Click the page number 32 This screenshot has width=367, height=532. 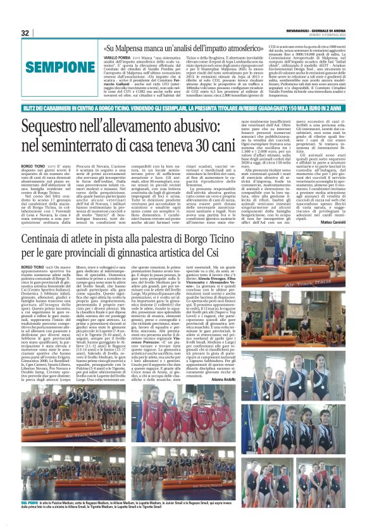coord(25,33)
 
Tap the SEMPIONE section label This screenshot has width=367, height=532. coord(53,66)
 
